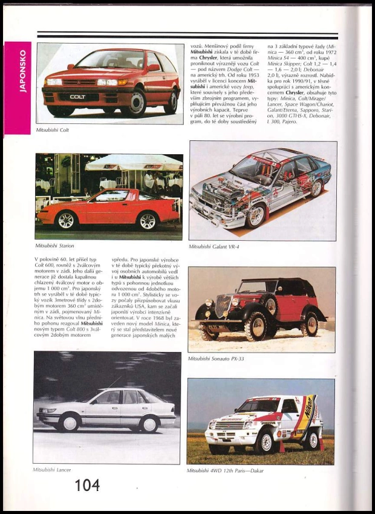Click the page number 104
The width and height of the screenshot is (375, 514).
[87, 484]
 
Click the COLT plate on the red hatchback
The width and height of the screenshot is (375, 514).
[77, 96]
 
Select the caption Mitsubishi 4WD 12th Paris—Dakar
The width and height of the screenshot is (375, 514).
[225, 470]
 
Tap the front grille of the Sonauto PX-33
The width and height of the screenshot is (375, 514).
[223, 307]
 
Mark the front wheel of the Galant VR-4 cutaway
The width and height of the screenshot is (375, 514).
[256, 216]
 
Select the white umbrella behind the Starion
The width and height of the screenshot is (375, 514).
[134, 163]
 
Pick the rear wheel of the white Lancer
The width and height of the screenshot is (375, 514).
[147, 423]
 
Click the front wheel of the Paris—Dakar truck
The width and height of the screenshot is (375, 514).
[264, 442]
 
